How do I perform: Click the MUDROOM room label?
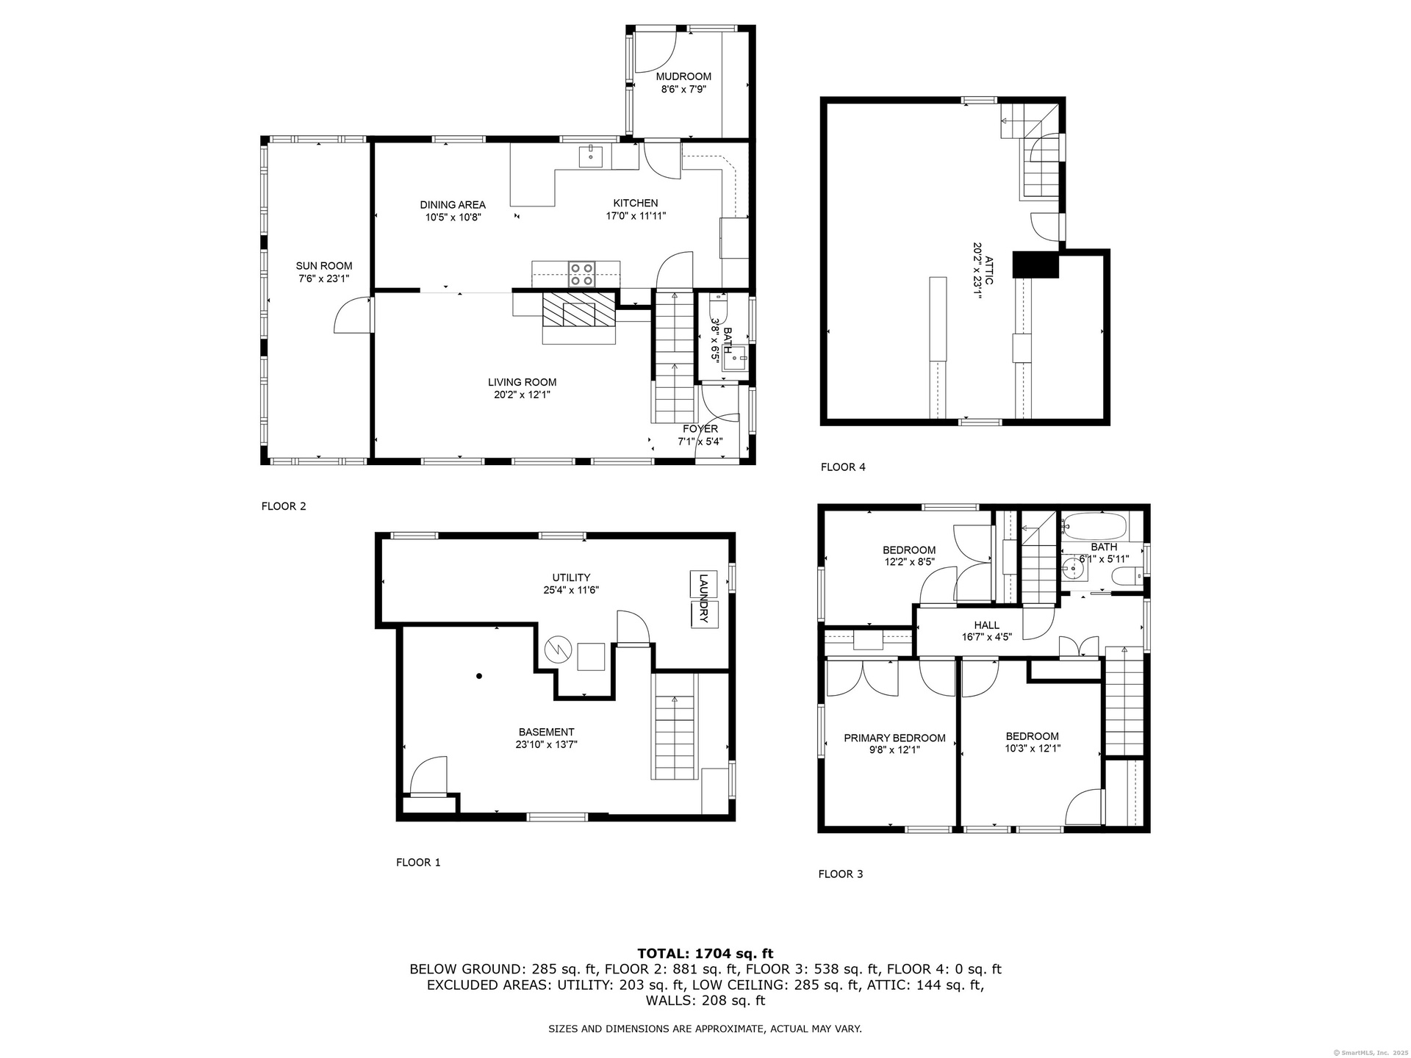pyautogui.click(x=683, y=76)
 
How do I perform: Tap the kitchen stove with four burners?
pyautogui.click(x=582, y=274)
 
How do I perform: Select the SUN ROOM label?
pyautogui.click(x=324, y=266)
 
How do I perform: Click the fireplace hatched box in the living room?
pyautogui.click(x=578, y=309)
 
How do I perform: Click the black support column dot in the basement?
pyautogui.click(x=479, y=676)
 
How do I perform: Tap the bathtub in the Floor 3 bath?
pyautogui.click(x=1094, y=526)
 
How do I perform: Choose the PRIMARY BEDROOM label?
pyautogui.click(x=894, y=738)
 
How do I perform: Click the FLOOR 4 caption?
pyautogui.click(x=843, y=467)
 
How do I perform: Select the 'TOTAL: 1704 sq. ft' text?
pyautogui.click(x=705, y=954)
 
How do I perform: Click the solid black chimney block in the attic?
pyautogui.click(x=1035, y=264)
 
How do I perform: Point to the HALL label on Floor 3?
pyautogui.click(x=987, y=625)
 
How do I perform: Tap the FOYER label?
pyautogui.click(x=700, y=429)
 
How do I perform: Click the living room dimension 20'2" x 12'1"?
pyautogui.click(x=522, y=395)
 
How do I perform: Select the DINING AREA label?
pyautogui.click(x=453, y=205)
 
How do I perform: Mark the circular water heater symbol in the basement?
pyautogui.click(x=557, y=649)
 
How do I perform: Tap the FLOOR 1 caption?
pyautogui.click(x=418, y=862)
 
